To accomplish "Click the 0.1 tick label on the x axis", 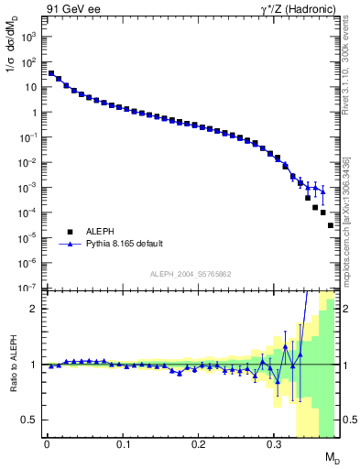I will point(123,443).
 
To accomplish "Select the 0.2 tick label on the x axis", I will point(198,443).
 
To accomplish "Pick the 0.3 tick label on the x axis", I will point(274,443).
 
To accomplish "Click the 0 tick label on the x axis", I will point(47,443).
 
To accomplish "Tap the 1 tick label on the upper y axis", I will point(36,113).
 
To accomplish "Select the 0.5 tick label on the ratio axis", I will point(31,420).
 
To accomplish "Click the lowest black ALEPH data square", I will point(331,225).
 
